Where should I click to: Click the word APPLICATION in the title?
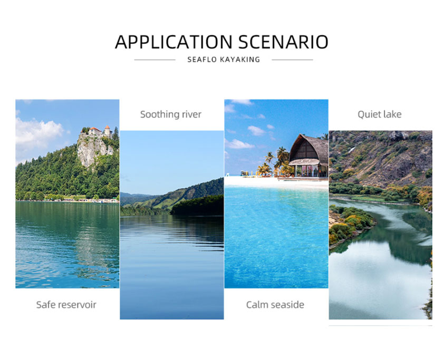point(174,42)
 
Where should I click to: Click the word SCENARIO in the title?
point(283,42)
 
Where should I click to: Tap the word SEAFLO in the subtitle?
point(202,60)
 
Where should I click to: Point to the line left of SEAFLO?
point(155,60)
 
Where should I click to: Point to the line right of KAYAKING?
point(292,60)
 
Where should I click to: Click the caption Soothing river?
point(171,114)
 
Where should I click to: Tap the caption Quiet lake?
point(379,114)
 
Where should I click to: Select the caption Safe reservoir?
point(66,305)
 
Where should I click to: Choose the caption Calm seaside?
point(275,305)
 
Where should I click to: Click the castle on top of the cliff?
point(98,132)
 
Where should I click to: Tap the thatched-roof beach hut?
point(309,156)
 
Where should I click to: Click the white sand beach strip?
point(276,182)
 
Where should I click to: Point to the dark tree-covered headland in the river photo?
point(197,206)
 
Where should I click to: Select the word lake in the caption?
point(392,114)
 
